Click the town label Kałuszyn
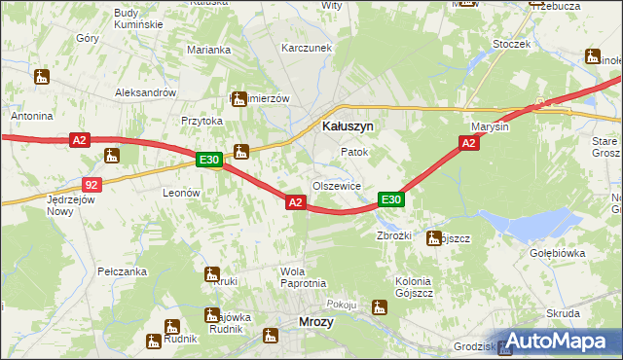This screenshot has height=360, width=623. (348, 126)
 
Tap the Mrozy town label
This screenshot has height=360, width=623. (315, 322)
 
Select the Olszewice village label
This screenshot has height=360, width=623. (337, 186)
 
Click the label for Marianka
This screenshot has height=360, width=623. (209, 50)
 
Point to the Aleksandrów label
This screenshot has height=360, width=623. (145, 92)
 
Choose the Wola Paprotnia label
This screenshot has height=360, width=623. (302, 277)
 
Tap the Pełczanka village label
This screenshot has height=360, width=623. (122, 270)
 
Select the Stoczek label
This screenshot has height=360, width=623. (511, 44)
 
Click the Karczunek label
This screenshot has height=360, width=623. (300, 47)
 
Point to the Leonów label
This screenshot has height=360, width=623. (180, 193)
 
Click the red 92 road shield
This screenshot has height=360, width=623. (91, 184)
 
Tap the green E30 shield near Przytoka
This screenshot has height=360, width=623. (209, 160)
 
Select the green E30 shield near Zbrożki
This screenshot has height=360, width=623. (390, 199)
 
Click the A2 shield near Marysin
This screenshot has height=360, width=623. (468, 143)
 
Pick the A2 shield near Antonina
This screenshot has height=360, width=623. (80, 141)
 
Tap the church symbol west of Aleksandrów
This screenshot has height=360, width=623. (41, 76)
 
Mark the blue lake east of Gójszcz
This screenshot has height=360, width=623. (531, 227)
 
